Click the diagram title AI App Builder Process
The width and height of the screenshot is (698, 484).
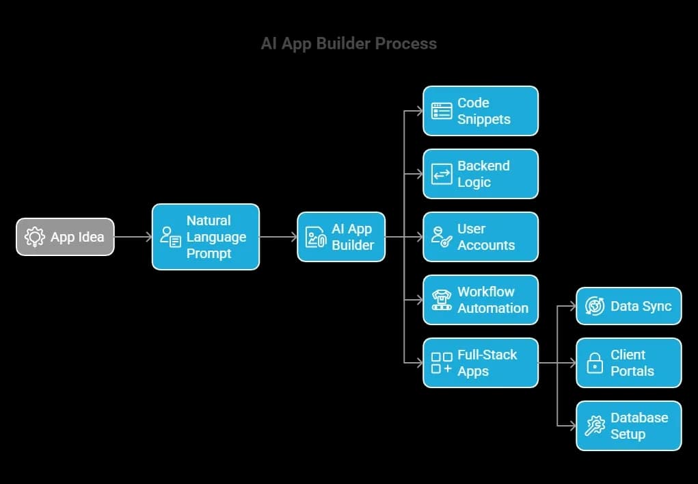(349, 44)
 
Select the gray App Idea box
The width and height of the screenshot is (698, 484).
(65, 237)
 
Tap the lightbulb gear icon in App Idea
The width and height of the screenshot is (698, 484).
(34, 237)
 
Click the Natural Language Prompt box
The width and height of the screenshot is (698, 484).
(206, 237)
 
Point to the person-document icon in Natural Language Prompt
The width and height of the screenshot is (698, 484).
(170, 237)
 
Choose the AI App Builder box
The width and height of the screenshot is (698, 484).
(341, 237)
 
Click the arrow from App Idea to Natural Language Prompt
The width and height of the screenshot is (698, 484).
(133, 237)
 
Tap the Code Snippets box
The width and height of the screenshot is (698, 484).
(481, 111)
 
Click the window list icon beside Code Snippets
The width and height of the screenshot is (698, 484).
(442, 111)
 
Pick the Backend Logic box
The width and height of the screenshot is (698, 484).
(481, 174)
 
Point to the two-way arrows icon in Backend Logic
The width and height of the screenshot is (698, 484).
(442, 174)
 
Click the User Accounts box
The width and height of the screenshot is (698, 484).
(481, 237)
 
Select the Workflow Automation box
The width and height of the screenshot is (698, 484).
(481, 300)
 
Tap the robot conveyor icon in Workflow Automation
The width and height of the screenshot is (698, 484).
(442, 300)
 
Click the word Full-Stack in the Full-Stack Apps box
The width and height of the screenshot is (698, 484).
(487, 355)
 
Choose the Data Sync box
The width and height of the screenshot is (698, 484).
(629, 306)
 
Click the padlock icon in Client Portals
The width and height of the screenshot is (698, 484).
(595, 363)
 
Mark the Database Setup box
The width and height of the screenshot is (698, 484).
(629, 426)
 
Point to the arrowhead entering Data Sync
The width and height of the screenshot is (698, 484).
(572, 306)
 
